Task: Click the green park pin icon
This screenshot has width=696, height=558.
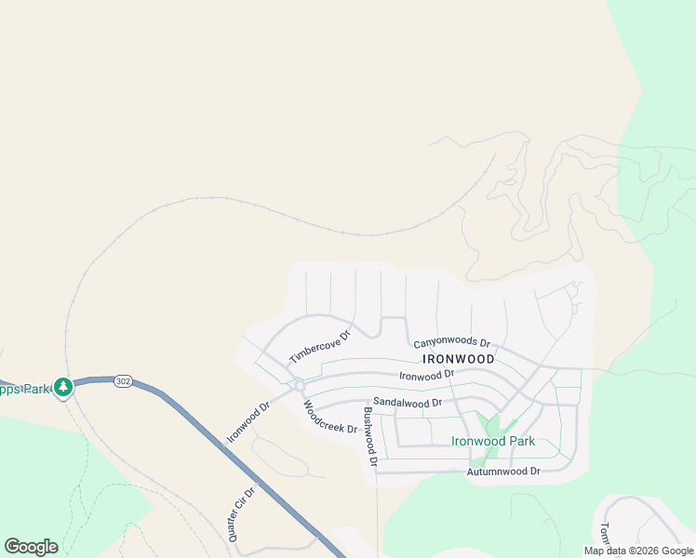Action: (63, 387)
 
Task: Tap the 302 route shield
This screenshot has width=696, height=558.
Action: (123, 381)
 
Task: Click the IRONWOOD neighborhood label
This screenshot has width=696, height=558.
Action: (458, 358)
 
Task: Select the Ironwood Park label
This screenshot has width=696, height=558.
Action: (492, 441)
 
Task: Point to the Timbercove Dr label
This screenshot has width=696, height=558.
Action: (319, 347)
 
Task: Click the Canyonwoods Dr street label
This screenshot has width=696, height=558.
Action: (451, 343)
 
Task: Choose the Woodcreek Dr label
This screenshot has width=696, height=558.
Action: (329, 417)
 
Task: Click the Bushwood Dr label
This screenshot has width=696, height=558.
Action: (369, 436)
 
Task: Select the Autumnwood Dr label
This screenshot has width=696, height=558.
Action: (503, 472)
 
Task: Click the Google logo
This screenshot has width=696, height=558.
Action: (31, 547)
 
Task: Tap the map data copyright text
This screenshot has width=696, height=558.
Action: (637, 551)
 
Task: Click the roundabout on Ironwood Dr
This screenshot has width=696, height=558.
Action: (300, 385)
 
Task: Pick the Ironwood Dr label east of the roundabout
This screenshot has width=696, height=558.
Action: (426, 374)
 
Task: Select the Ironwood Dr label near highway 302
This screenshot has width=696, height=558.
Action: (247, 422)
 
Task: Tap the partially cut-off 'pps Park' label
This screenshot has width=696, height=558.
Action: (25, 389)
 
